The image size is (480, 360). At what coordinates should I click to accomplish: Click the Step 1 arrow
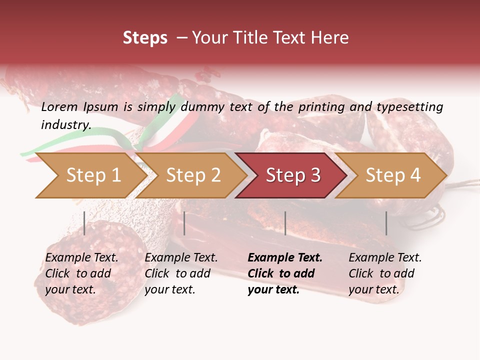[90, 175]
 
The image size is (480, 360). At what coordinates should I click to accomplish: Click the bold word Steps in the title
[145, 38]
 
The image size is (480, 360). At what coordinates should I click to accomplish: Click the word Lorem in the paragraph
[59, 106]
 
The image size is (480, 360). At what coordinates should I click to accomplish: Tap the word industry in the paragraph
[65, 125]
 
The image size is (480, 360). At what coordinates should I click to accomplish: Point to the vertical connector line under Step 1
[84, 223]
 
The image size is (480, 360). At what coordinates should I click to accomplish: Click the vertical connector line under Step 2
[184, 223]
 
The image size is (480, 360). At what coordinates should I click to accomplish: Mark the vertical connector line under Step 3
[285, 223]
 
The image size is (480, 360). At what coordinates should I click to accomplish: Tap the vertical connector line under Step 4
[386, 223]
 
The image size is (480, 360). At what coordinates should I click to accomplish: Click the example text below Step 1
[81, 273]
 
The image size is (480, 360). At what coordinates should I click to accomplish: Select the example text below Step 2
[181, 273]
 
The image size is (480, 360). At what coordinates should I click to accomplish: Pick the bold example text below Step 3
[285, 273]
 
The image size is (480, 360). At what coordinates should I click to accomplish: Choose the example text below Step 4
[385, 273]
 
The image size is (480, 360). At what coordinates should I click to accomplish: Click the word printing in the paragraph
[318, 106]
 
